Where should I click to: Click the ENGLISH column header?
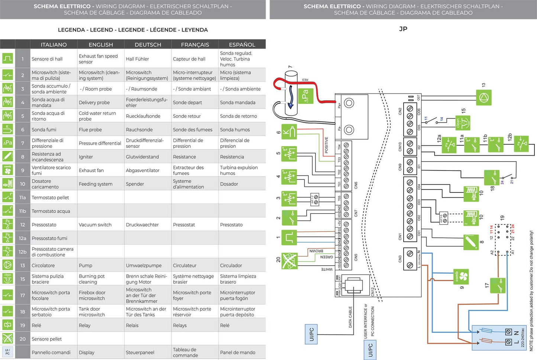[x=101, y=45]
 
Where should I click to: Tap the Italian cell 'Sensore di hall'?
[x=47, y=59]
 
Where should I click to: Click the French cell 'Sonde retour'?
[x=187, y=116]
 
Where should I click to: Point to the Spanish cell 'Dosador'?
[x=229, y=184]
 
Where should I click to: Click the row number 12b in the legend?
[x=23, y=252]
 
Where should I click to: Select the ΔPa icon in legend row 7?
[x=8, y=143]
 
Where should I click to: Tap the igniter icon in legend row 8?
[x=8, y=156]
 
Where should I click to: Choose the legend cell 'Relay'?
[x=85, y=325]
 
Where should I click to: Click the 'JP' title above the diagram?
[x=403, y=29]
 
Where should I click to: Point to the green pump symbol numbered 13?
[x=484, y=97]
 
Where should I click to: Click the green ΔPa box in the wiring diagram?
[x=305, y=96]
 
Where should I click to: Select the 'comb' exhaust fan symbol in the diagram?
[x=461, y=277]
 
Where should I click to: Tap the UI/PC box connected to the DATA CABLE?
[x=311, y=334]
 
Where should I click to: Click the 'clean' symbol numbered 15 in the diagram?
[x=463, y=123]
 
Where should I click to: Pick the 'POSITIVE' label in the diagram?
[x=327, y=145]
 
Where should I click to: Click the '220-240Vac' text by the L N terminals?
[x=523, y=337]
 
